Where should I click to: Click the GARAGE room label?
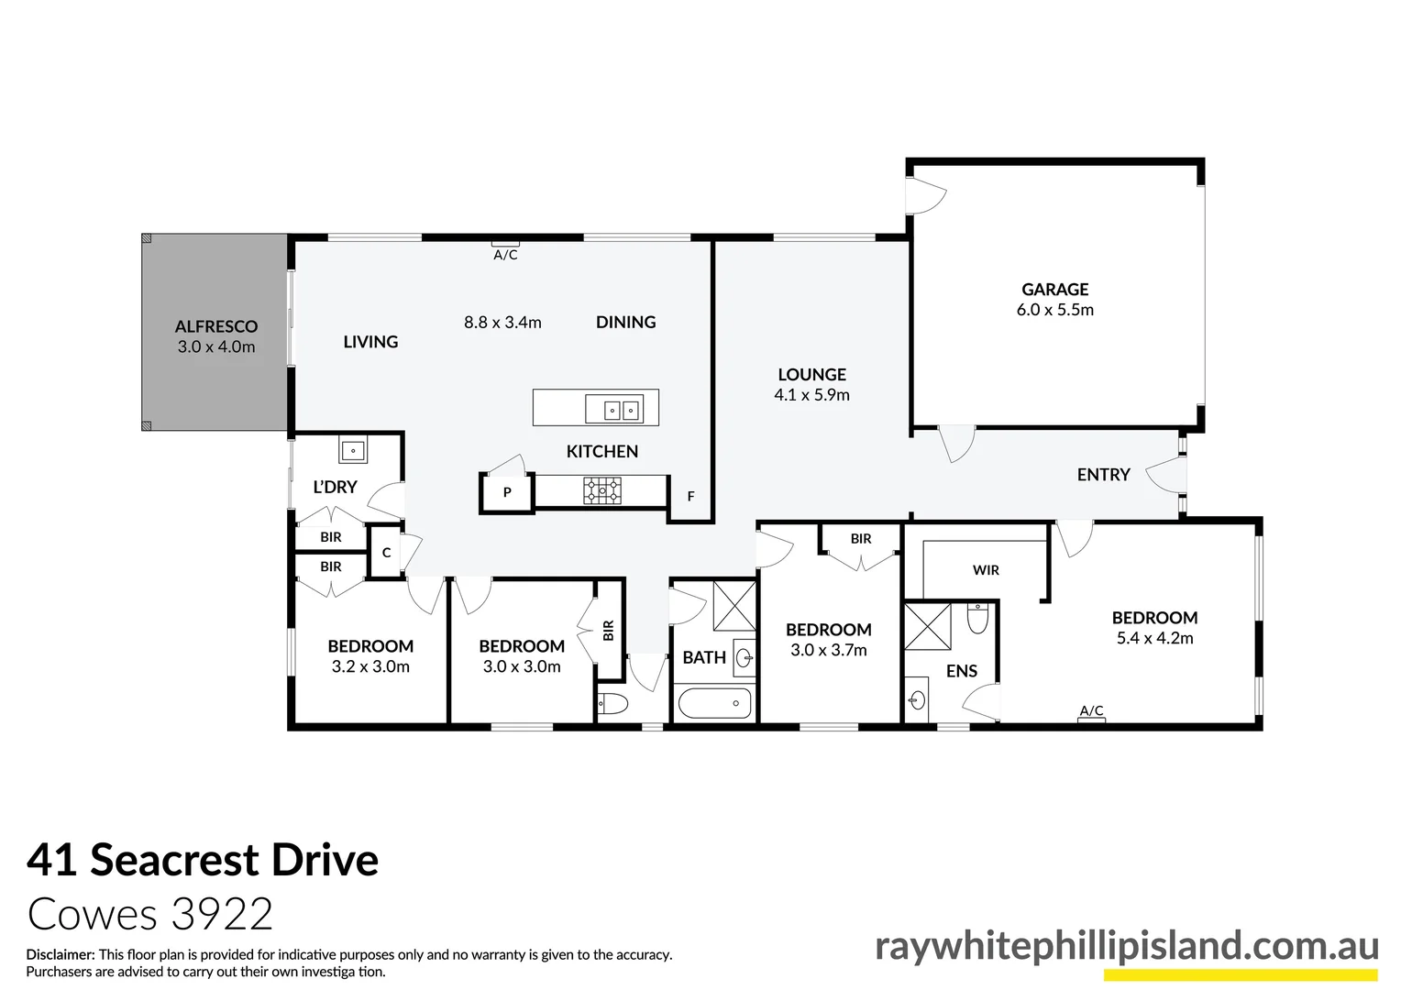coord(1054,290)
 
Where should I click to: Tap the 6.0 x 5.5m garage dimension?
coord(1054,310)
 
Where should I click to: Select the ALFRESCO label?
coord(216,326)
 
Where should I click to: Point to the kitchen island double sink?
coord(612,409)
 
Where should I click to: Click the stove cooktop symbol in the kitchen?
coord(601,490)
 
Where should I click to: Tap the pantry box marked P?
coord(506,493)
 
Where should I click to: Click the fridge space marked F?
coord(690,497)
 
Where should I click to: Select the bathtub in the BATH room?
coord(714,704)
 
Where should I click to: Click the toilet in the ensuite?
coord(978,619)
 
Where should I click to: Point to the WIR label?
coord(986,570)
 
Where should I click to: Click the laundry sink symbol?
coord(353,450)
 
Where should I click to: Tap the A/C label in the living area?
coord(505,255)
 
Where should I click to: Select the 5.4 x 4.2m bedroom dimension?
coord(1154,639)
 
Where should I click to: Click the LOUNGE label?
coord(811,374)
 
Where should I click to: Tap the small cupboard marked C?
coord(386,553)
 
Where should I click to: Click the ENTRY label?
coord(1103,474)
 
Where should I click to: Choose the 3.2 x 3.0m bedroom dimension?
coord(370,667)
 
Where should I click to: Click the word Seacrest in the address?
coord(174,860)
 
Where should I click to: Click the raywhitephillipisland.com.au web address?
coord(1126,946)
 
